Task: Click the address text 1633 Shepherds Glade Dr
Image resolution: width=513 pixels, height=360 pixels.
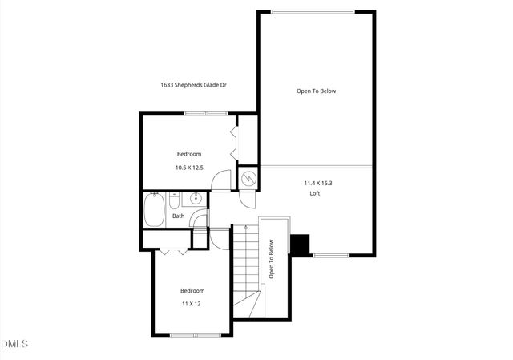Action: point(193,84)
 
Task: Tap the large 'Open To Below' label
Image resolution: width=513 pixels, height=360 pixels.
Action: point(316,91)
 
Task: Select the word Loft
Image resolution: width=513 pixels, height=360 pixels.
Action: point(315,192)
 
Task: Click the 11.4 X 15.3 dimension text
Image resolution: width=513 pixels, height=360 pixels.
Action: point(317,183)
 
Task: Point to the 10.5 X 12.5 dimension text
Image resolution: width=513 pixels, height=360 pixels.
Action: point(189,168)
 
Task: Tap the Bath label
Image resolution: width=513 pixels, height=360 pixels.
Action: point(178,215)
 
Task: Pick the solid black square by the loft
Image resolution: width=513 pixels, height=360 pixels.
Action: point(301,245)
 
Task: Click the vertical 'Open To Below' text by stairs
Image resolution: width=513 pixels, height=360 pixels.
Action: point(272,260)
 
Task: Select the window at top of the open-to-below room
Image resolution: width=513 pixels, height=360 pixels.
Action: point(311,11)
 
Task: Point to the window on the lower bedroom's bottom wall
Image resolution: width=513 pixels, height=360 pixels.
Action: point(195,334)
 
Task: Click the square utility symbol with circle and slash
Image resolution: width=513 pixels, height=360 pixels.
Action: point(249,178)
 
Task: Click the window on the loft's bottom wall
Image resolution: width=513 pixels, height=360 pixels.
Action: point(330,256)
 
